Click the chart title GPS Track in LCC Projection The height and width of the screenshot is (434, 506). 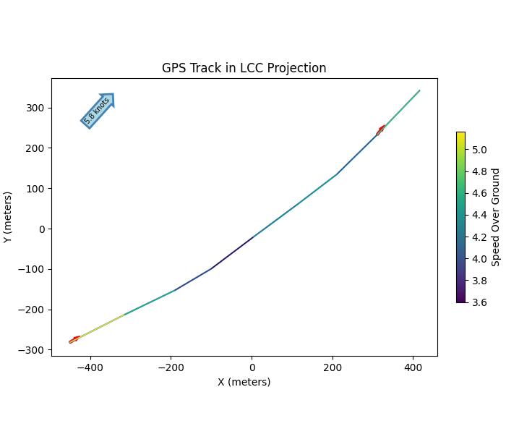click(x=244, y=68)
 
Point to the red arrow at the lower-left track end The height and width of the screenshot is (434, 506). click(x=74, y=339)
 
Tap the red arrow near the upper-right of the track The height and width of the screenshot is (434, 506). click(x=380, y=130)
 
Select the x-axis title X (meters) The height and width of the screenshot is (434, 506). click(x=244, y=382)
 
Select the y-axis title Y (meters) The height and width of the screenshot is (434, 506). click(x=8, y=217)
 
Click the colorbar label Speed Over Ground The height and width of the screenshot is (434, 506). click(x=496, y=217)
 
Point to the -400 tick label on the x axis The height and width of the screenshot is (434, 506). click(x=90, y=367)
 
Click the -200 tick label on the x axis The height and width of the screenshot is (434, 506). click(x=171, y=367)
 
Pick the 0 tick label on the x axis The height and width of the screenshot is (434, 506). click(x=252, y=367)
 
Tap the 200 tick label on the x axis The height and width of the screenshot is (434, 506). click(x=332, y=367)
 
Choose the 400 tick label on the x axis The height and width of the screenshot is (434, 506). click(x=413, y=367)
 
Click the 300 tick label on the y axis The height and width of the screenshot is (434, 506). click(x=36, y=108)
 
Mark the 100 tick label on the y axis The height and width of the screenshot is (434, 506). click(x=36, y=189)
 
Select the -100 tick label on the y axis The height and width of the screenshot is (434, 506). click(x=33, y=269)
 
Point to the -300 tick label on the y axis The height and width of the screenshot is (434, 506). click(x=33, y=350)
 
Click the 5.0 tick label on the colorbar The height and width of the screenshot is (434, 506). click(x=479, y=150)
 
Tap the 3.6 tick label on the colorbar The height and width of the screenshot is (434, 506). click(x=479, y=302)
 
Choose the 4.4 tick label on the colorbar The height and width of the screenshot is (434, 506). click(x=479, y=215)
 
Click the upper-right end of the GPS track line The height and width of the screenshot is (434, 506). click(x=419, y=90)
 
